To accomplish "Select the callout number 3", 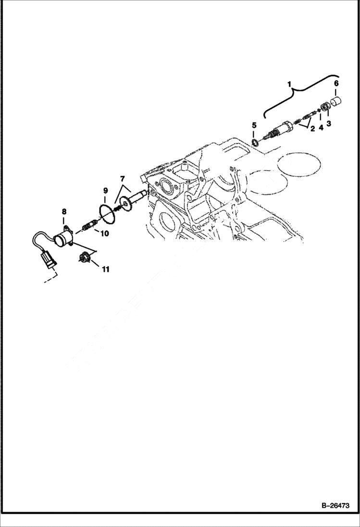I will point(329,123).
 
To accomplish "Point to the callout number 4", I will point(321,128).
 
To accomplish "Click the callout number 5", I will point(254,125).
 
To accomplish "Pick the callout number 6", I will point(336,83).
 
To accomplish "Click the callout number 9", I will point(105,191).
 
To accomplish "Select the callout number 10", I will point(105,233).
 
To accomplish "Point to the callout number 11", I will point(105,269).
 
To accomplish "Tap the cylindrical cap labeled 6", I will point(336,102).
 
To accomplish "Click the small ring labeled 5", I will point(255,142).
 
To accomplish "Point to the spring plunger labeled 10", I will point(89,224).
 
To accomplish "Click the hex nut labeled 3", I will point(325,109).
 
